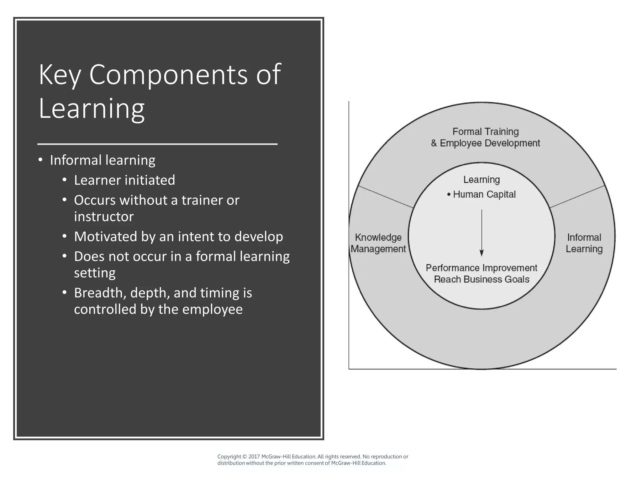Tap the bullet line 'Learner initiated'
[124, 180]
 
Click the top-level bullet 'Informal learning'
[103, 160]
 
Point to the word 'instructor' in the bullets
[104, 217]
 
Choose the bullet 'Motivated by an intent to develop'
[178, 237]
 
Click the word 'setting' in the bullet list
[95, 273]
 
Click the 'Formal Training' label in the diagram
[486, 131]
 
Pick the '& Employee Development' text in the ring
[485, 143]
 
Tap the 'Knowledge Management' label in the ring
[378, 243]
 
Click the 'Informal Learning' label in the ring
[584, 243]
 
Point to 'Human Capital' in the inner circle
[484, 195]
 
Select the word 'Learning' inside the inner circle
[481, 180]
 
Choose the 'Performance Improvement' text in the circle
[481, 268]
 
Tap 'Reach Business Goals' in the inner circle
[481, 279]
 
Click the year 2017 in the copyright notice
[254, 457]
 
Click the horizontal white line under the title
[157, 144]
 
